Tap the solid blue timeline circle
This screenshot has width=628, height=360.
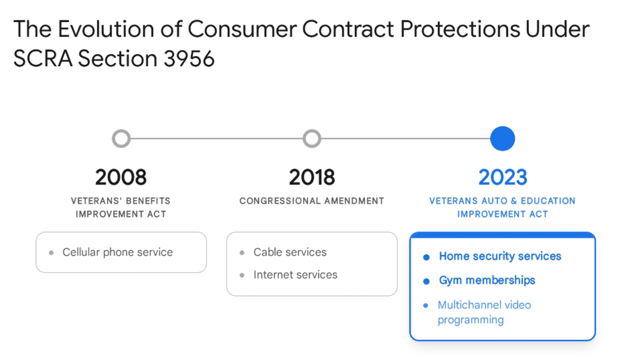[502, 139]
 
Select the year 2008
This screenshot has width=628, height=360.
[121, 177]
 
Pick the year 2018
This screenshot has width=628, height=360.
[312, 177]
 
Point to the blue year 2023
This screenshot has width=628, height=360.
[503, 177]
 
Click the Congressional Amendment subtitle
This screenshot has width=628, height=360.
[312, 201]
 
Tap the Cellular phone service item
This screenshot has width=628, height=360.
[117, 252]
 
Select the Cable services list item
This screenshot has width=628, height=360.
[290, 252]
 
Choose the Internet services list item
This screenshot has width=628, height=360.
[296, 275]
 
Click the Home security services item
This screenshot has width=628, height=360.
[500, 256]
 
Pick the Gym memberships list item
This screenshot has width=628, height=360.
[487, 280]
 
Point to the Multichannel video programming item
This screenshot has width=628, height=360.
[485, 312]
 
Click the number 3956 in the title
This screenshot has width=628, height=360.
[189, 58]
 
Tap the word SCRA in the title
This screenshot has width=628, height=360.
[43, 58]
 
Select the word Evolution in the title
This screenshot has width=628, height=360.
[106, 29]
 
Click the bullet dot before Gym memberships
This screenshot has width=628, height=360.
[426, 281]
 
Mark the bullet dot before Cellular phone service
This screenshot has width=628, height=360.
[51, 253]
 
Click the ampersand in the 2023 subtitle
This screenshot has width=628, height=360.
[513, 201]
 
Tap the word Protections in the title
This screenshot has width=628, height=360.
[460, 29]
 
